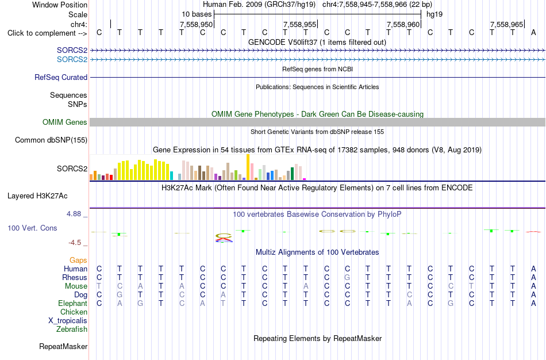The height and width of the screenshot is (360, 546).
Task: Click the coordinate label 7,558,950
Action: click(x=196, y=24)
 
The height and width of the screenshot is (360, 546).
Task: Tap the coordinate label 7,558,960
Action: click(x=403, y=24)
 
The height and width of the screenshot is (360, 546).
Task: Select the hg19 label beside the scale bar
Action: click(x=435, y=14)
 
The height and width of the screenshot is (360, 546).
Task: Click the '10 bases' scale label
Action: click(x=197, y=14)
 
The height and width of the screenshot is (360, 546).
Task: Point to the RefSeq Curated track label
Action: click(x=61, y=78)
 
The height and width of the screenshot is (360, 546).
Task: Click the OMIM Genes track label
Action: click(x=65, y=122)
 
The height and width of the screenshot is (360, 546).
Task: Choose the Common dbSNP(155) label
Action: click(x=51, y=140)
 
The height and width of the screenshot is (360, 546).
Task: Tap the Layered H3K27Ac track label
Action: click(x=37, y=196)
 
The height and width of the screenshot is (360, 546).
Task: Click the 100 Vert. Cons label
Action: click(x=32, y=228)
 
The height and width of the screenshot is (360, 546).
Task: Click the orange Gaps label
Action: click(x=78, y=261)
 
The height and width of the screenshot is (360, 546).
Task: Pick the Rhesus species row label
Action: click(x=75, y=277)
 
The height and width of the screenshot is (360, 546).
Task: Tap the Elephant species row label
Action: click(x=72, y=303)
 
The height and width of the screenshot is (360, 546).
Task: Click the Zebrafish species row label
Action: click(x=72, y=329)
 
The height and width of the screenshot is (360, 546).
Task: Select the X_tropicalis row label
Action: click(x=68, y=321)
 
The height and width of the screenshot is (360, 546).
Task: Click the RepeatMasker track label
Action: click(x=63, y=346)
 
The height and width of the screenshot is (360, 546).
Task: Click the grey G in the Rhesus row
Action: click(x=347, y=277)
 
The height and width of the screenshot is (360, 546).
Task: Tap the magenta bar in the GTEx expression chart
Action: click(x=305, y=179)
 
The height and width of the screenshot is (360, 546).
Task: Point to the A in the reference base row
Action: click(x=533, y=33)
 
